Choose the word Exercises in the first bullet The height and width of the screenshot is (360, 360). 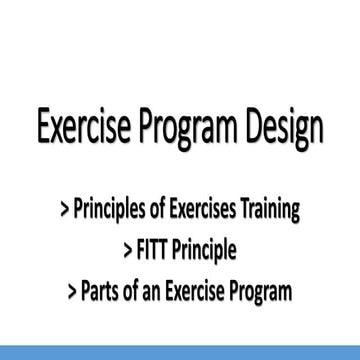click(x=211, y=211)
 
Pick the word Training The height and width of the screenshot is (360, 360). click(x=274, y=212)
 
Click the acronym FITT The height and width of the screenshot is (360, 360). click(x=150, y=238)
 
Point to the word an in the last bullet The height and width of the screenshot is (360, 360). click(x=153, y=266)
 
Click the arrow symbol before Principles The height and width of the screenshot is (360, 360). click(x=65, y=212)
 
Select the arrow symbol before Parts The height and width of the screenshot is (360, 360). click(x=71, y=266)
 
